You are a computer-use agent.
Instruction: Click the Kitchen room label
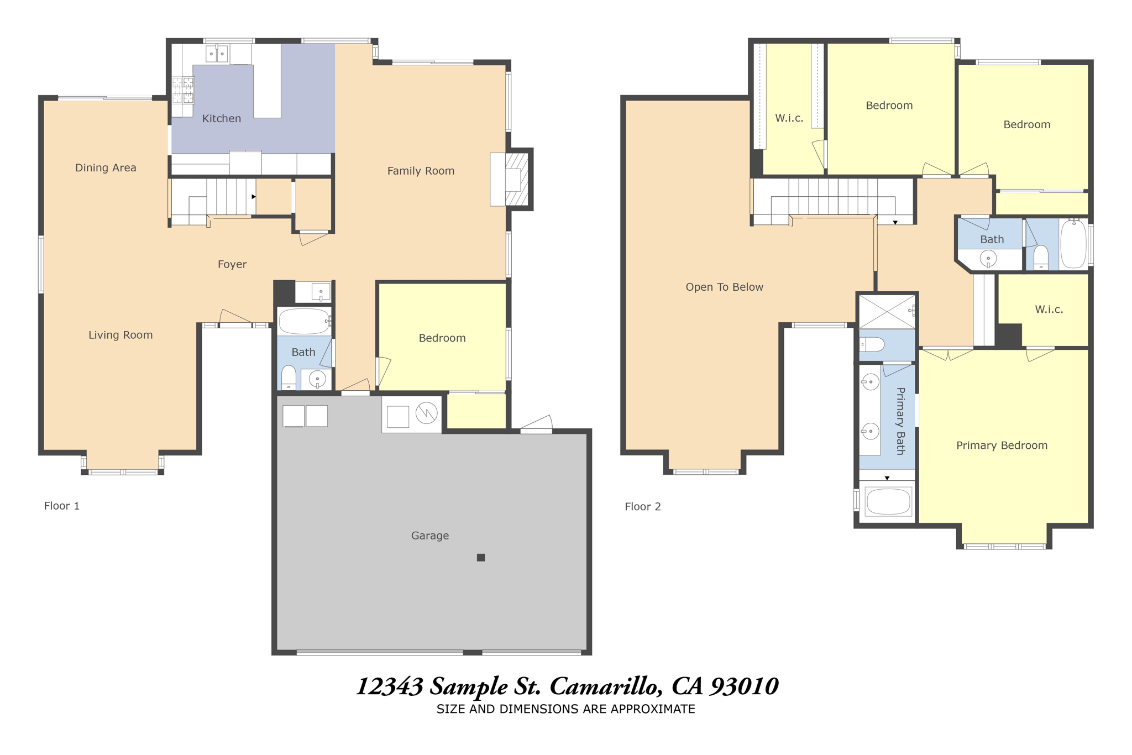pos(221,118)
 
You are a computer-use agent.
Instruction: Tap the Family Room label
pos(421,171)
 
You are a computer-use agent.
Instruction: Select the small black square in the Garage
pos(481,558)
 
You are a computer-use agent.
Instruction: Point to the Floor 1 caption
pos(62,506)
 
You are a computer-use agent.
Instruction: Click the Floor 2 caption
pos(642,506)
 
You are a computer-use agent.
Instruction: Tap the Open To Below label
pos(724,287)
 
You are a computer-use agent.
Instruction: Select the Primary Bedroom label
pos(1002,445)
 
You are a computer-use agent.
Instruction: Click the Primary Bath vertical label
pos(900,421)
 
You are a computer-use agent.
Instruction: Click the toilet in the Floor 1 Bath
pos(289,377)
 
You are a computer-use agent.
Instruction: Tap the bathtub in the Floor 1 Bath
pos(304,321)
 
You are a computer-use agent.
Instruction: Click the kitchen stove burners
pos(183,91)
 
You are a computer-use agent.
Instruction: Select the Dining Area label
pos(106,167)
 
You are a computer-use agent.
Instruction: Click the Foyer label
pos(232,264)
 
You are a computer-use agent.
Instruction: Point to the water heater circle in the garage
pos(427,413)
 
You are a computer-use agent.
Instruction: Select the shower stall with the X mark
pos(886,312)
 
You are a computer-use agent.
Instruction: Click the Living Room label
pos(120,335)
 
